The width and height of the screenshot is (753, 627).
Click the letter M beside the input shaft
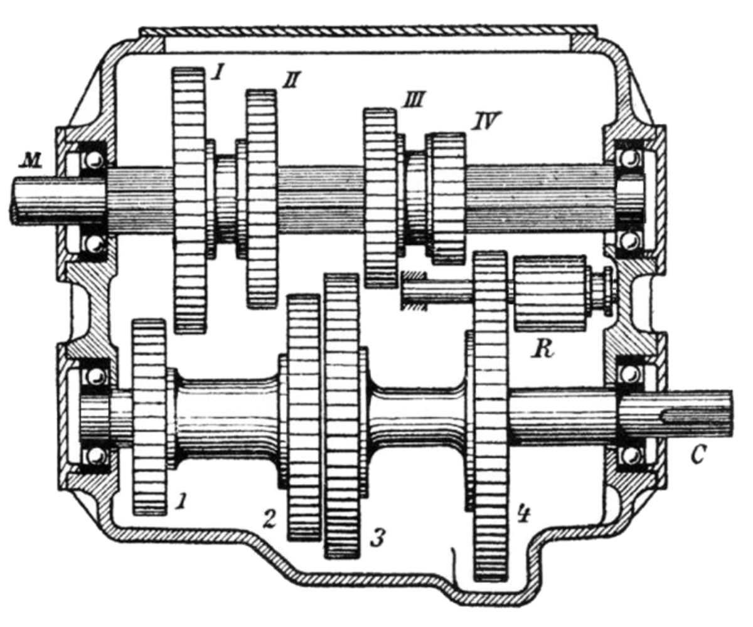[x=30, y=161]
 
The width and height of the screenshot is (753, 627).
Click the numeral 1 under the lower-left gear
[x=182, y=501]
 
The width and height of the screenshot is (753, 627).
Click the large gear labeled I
[x=190, y=201]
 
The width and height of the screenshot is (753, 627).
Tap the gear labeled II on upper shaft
[x=261, y=199]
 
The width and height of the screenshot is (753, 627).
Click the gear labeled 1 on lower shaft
[x=149, y=417]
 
